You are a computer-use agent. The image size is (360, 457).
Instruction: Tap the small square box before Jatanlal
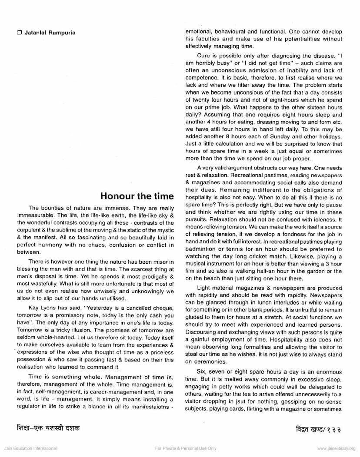pyautogui.click(x=19, y=33)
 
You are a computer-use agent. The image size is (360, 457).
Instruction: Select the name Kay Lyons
pyautogui.click(x=40, y=308)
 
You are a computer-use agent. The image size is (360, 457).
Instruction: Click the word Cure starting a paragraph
pyautogui.click(x=203, y=56)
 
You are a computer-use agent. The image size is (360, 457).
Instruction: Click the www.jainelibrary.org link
pyautogui.click(x=336, y=448)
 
